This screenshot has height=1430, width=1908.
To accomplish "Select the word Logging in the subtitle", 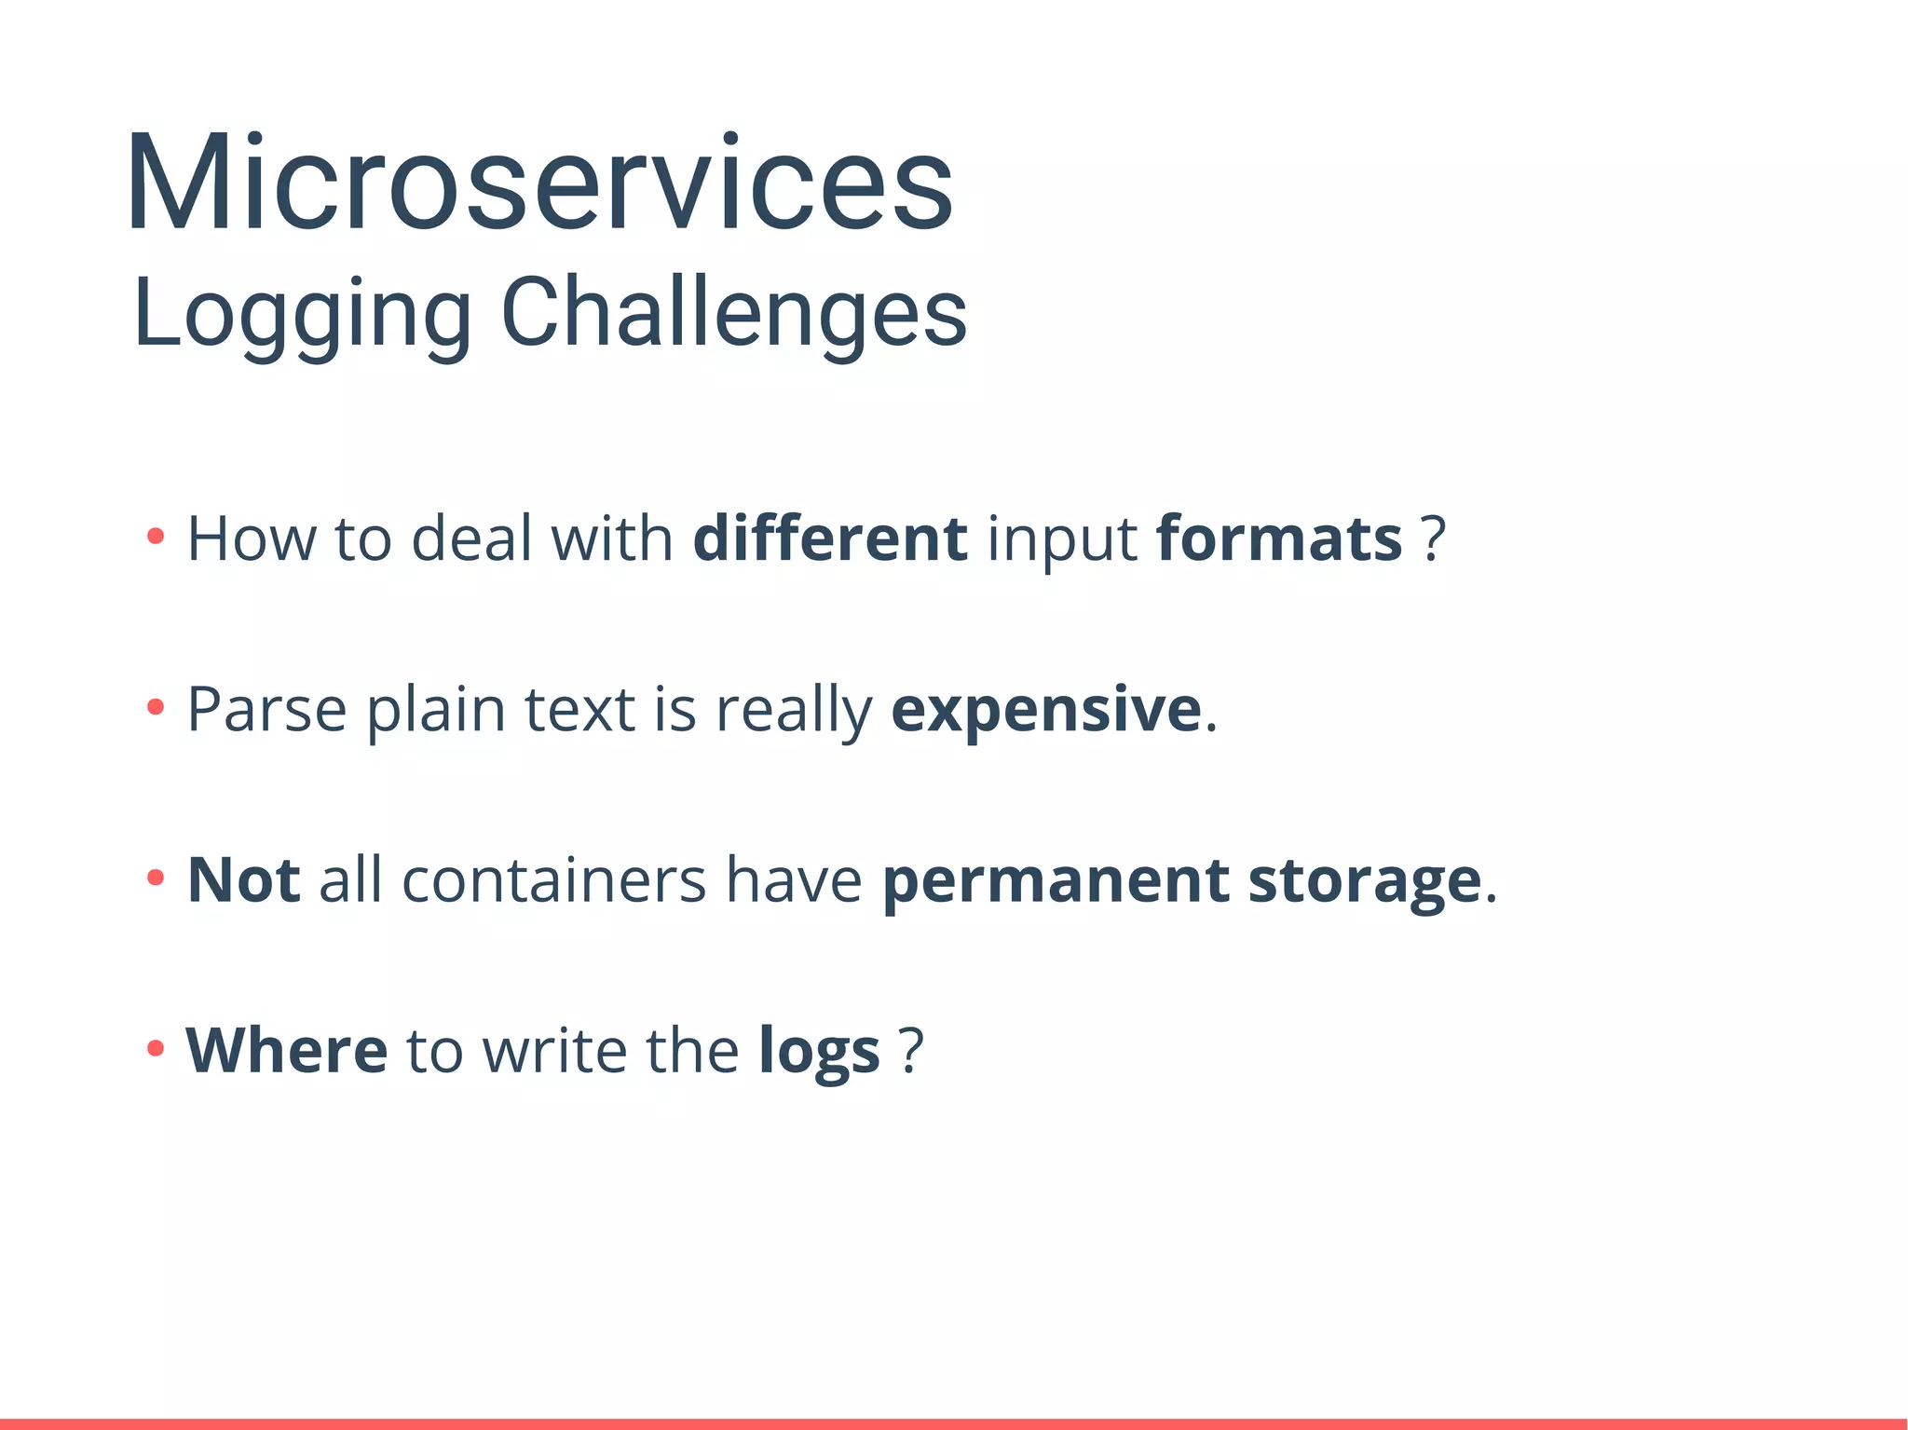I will point(302,315).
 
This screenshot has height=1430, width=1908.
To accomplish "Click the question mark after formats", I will point(1434,538).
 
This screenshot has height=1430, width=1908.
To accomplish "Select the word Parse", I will point(267,710).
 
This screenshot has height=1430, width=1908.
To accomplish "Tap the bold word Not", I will point(243,879).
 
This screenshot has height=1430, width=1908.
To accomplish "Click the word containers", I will point(553,881).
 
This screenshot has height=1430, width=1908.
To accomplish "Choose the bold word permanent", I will point(1056,881).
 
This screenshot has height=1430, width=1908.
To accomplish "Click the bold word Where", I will point(287,1050).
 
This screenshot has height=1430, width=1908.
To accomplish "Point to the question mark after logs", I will point(911,1050).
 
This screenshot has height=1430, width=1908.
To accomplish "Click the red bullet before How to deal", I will point(156,537).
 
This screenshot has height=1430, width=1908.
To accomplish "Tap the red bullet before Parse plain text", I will point(156,707).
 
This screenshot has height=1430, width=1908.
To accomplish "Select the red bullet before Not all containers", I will point(156,878).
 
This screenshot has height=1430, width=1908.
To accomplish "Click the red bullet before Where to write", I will point(156,1048).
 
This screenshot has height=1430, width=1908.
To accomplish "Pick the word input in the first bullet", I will point(1061,540).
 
